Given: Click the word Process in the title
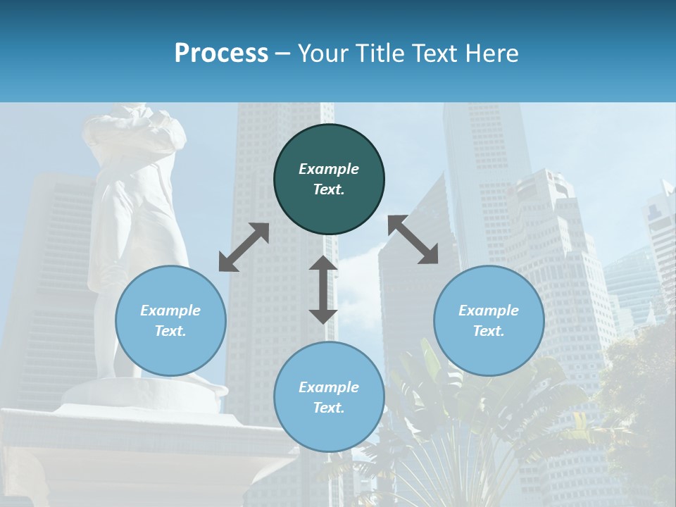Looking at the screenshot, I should [221, 54].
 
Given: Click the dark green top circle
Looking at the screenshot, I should [329, 179].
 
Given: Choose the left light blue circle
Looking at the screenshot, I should [170, 320].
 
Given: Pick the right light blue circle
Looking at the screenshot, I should [489, 320].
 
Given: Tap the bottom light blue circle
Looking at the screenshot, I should [329, 396].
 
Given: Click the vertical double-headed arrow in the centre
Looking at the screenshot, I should [323, 289].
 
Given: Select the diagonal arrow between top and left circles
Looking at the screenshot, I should [244, 247].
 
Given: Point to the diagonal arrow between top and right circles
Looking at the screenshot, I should [413, 239].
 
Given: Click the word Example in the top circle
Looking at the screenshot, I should [329, 169].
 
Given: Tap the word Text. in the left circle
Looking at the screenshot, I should [170, 331].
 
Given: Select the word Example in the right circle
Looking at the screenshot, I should [489, 311].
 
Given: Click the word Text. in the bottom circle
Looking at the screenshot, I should [329, 408].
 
